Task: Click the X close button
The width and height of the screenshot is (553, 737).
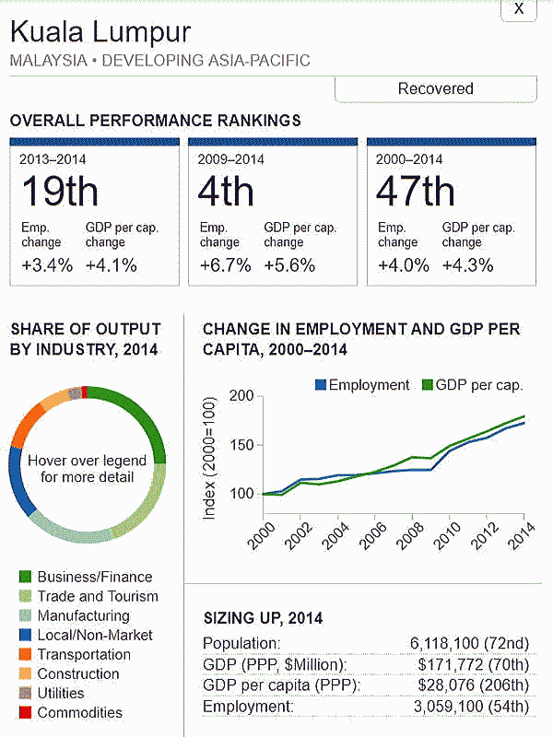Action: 519,8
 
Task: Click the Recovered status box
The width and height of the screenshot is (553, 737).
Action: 435,88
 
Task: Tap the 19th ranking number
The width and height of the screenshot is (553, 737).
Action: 59,191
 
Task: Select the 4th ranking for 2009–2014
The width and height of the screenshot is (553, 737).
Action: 226,191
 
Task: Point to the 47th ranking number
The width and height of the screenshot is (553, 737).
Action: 416,191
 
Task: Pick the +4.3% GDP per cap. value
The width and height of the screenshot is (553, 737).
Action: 468,265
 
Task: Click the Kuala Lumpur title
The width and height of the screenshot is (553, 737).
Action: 100,32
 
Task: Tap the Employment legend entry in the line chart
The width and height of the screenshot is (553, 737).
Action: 362,385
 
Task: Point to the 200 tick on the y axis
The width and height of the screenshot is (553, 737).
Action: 241,396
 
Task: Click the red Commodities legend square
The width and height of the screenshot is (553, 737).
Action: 25,712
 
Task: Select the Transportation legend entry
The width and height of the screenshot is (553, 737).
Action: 83,654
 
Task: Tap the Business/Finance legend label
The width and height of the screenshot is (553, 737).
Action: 94,577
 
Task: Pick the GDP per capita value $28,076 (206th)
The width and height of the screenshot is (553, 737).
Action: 474,685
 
